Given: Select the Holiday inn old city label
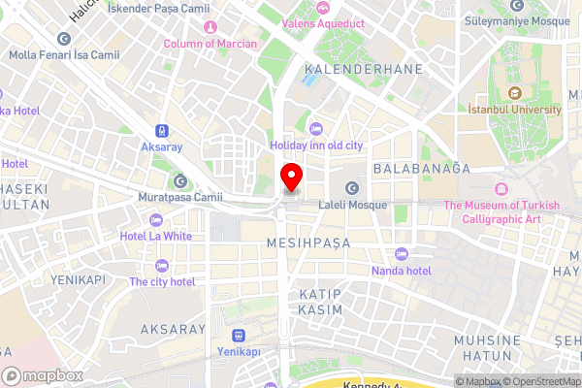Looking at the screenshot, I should (x=316, y=145).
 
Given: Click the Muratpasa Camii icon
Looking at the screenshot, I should (x=180, y=181).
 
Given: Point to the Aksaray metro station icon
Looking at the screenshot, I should (x=161, y=131).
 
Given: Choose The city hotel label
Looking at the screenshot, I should (x=162, y=281).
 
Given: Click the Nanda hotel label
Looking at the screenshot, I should (x=401, y=271).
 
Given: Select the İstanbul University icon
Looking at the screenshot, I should (x=515, y=94).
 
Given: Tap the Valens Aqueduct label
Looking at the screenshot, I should (x=322, y=21).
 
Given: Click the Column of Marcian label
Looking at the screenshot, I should (x=210, y=44).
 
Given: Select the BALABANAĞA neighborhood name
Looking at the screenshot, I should (x=421, y=168).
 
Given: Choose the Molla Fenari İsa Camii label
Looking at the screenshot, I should (x=64, y=54).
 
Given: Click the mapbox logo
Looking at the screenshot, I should (x=43, y=374).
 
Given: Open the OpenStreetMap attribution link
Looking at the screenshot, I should (x=540, y=381).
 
